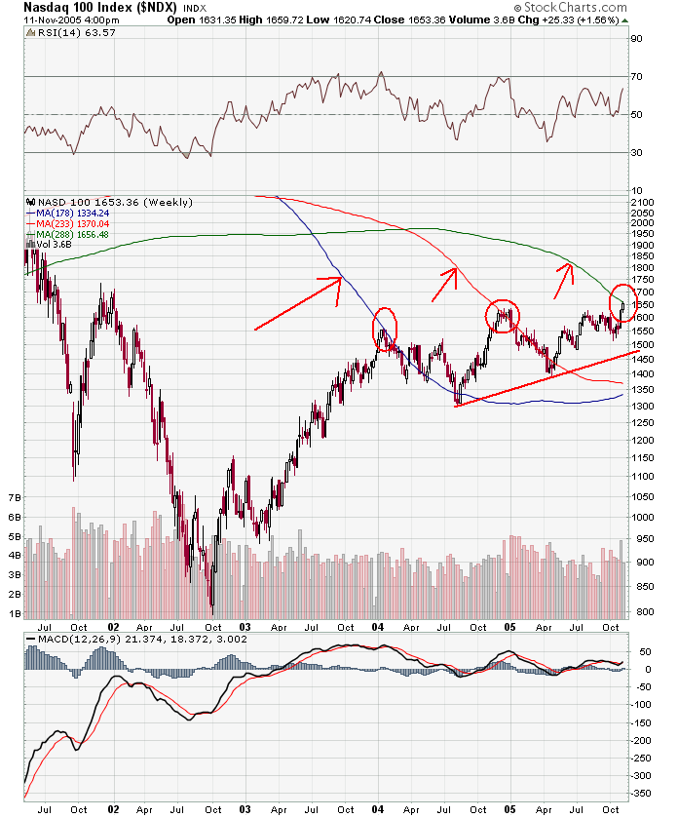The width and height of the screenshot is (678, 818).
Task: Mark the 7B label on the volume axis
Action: (x=15, y=497)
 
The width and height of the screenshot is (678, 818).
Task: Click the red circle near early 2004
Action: (x=385, y=329)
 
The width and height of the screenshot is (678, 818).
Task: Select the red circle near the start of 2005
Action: (x=504, y=315)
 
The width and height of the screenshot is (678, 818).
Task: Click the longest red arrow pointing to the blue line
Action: (x=297, y=305)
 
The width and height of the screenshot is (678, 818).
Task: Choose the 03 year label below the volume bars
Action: (x=245, y=629)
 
